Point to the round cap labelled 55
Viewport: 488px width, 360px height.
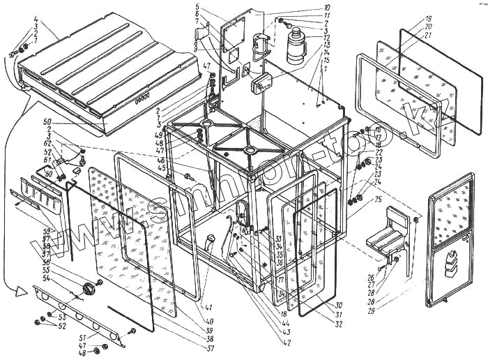pyautogui.click(x=89, y=288)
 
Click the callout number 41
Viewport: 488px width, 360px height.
pyautogui.click(x=208, y=306)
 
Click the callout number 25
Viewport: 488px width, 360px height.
pyautogui.click(x=378, y=200)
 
